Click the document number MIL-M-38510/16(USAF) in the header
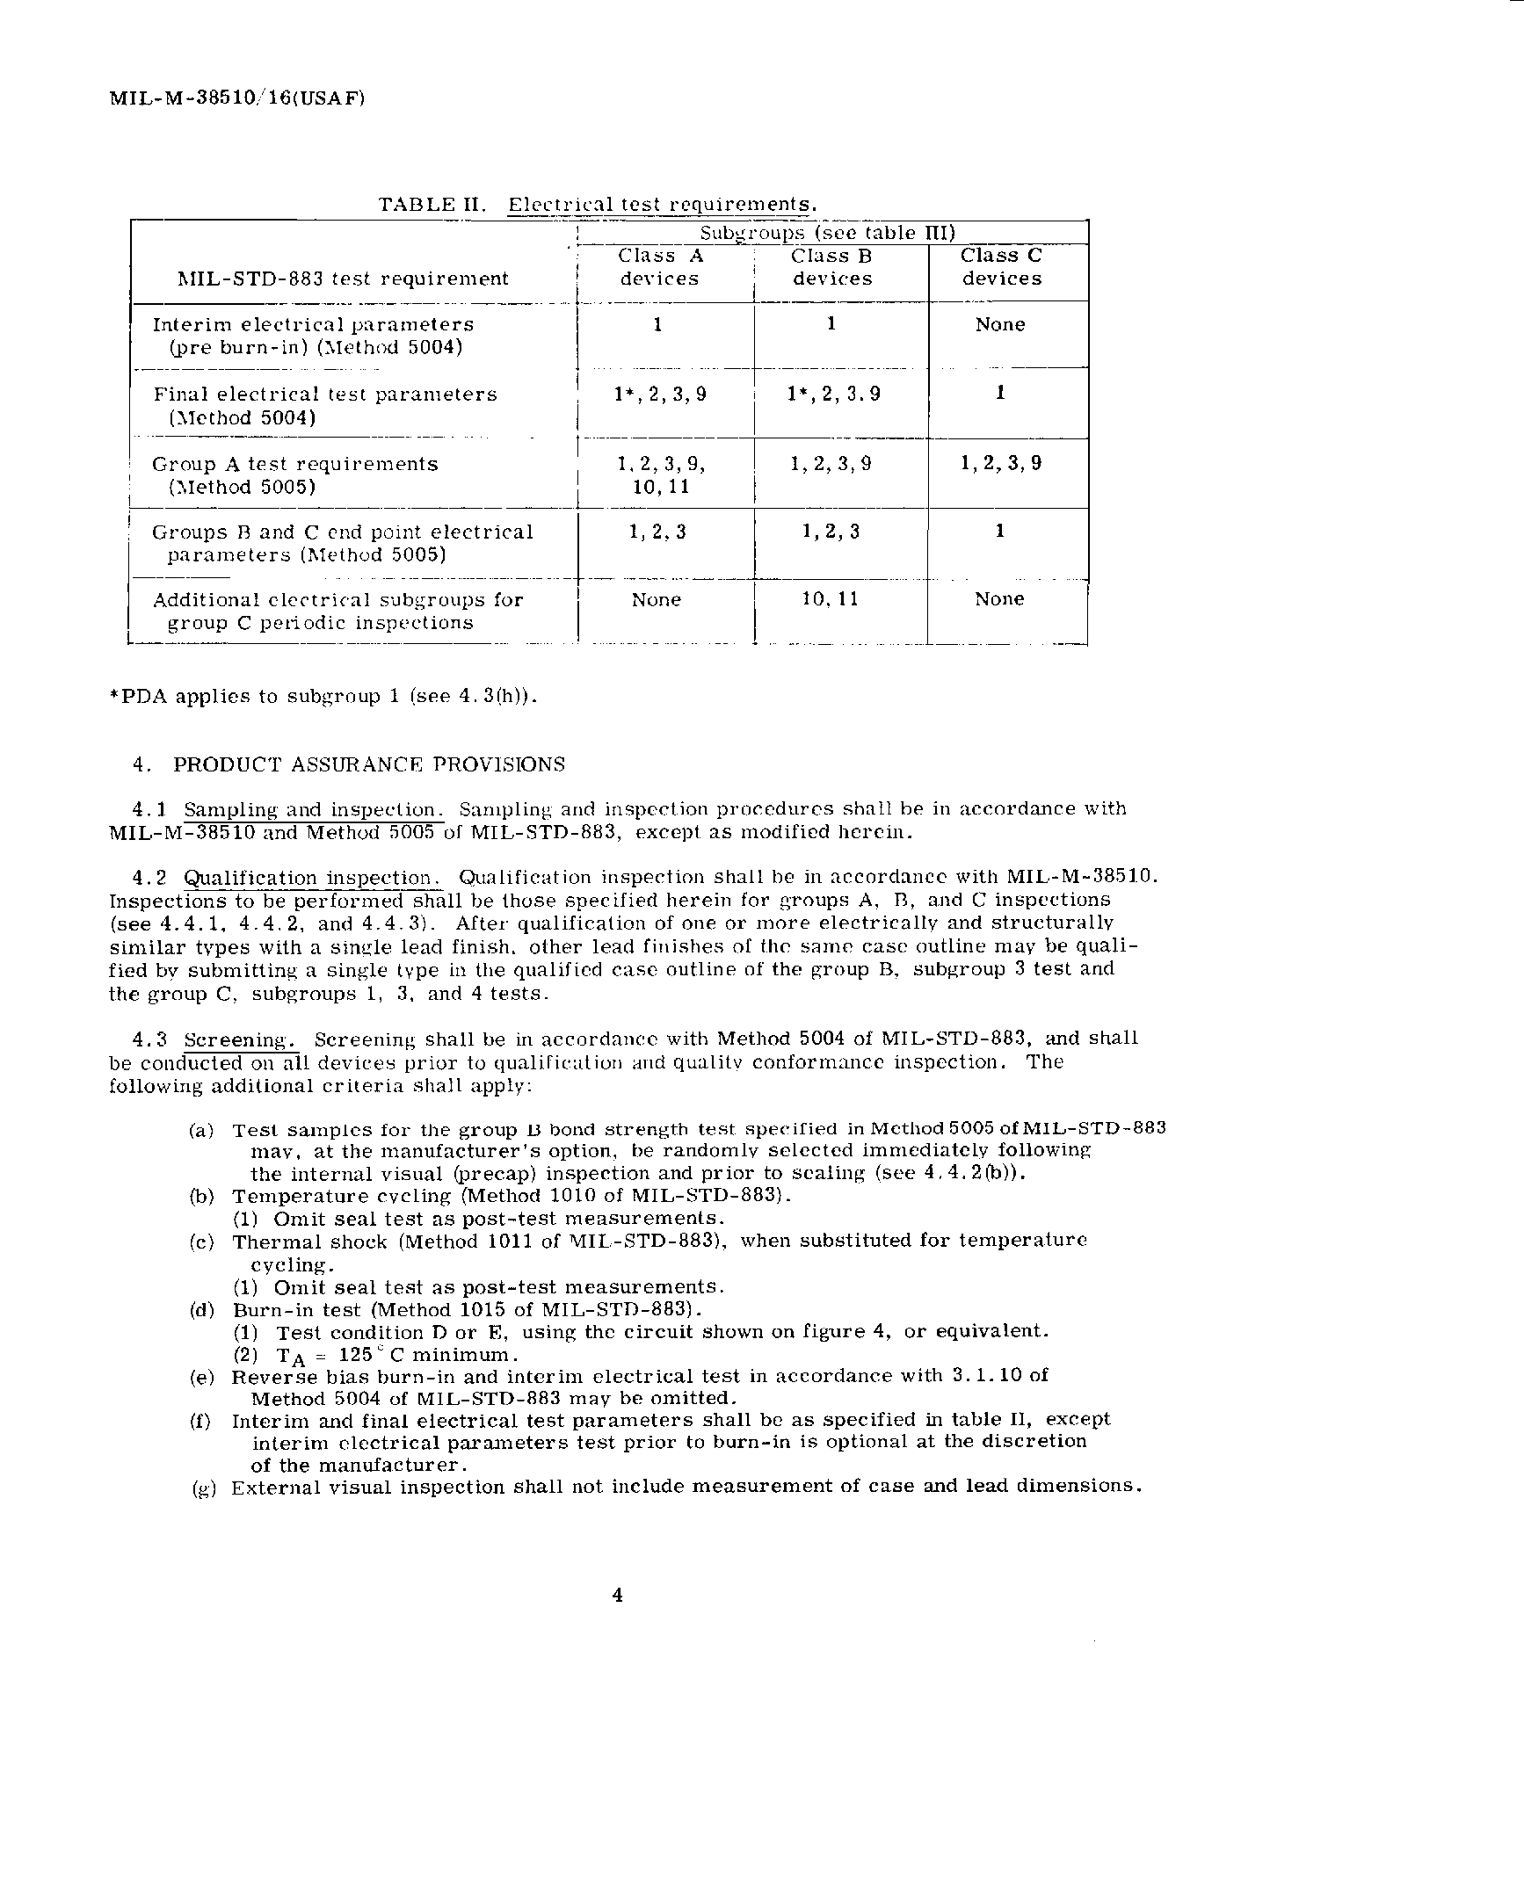[236, 98]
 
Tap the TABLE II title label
[432, 205]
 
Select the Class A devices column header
[660, 267]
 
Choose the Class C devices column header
[1001, 266]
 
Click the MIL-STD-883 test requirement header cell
[343, 279]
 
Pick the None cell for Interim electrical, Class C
[1000, 325]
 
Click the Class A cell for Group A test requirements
[661, 475]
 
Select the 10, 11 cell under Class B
[831, 599]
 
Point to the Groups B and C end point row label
[342, 543]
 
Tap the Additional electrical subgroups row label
[337, 612]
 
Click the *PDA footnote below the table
[322, 696]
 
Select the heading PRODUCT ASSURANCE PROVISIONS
[368, 764]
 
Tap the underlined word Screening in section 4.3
[238, 1040]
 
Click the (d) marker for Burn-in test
[201, 1310]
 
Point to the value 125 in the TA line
[354, 1355]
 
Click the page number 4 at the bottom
[618, 1596]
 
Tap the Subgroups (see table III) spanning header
[827, 233]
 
